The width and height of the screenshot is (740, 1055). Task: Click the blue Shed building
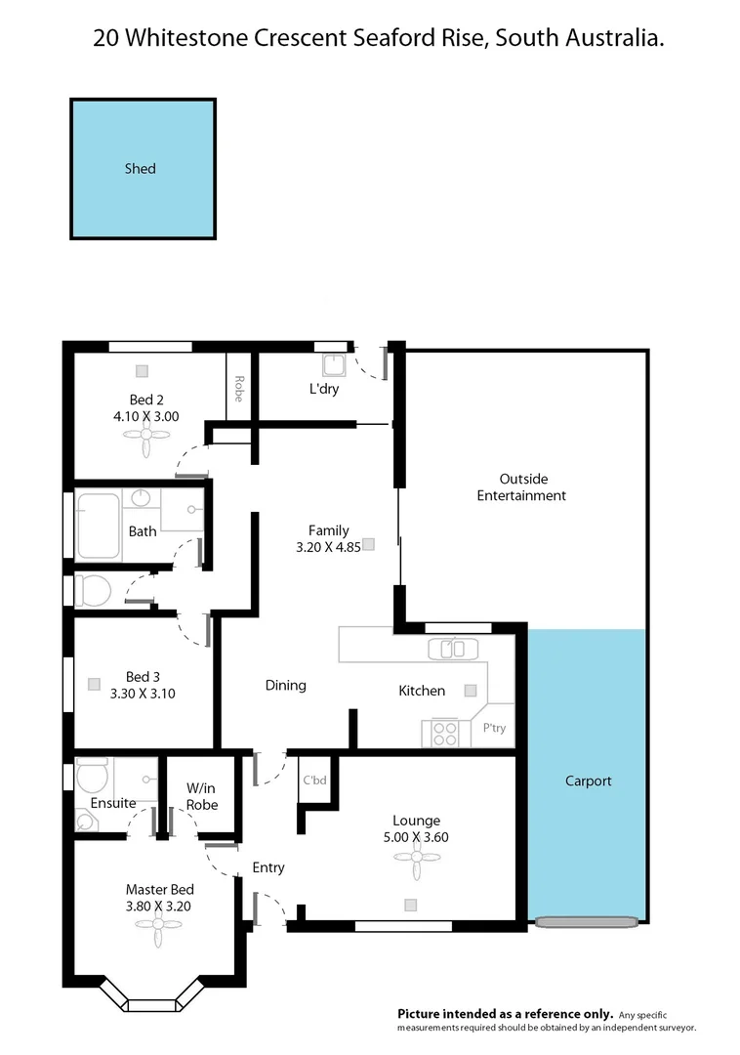click(x=143, y=169)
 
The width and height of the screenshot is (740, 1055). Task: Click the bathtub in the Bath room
click(x=98, y=526)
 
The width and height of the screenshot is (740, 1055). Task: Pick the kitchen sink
click(x=453, y=649)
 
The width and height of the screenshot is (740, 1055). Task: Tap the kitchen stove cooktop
click(x=445, y=732)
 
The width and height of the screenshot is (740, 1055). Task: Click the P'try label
click(x=495, y=728)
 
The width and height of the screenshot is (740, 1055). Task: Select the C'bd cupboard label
click(x=314, y=781)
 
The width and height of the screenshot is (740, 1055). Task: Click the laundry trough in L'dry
click(x=334, y=364)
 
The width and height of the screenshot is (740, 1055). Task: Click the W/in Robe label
click(x=202, y=796)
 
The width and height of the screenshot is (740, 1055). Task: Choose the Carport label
click(x=589, y=781)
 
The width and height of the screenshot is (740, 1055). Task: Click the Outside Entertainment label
click(x=521, y=487)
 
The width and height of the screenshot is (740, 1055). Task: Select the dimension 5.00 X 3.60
click(x=417, y=837)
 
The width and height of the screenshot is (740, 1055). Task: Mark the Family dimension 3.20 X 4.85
click(x=328, y=548)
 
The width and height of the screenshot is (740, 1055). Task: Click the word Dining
click(x=286, y=686)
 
